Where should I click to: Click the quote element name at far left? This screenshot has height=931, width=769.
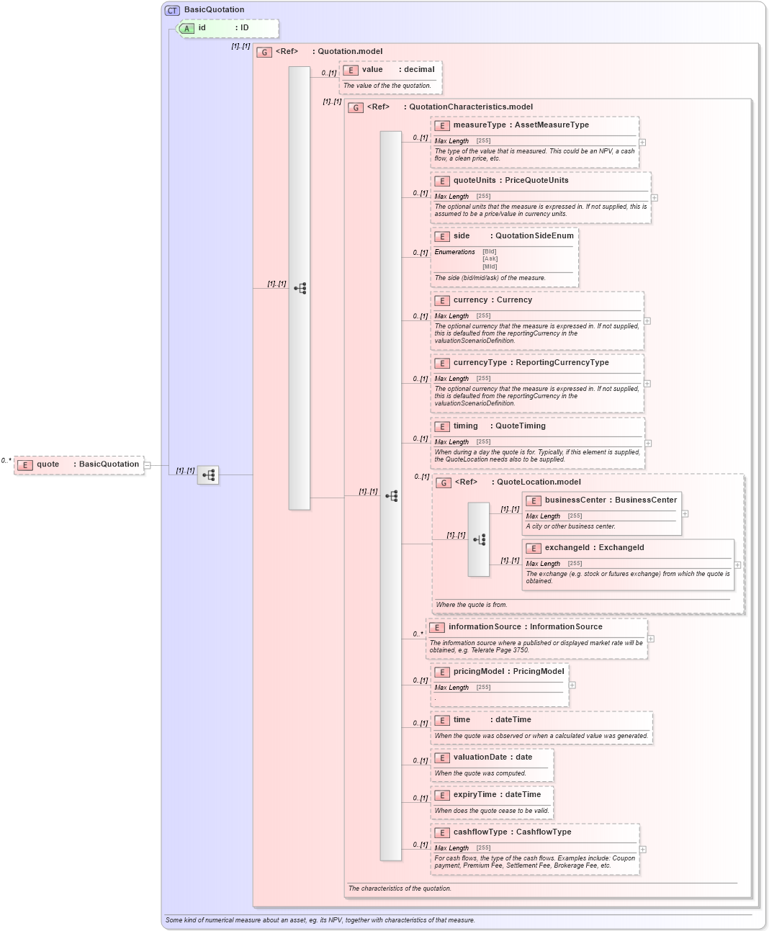tap(48, 464)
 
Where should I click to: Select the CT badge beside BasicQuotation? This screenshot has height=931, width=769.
tap(172, 10)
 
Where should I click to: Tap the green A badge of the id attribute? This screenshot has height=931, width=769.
tap(186, 28)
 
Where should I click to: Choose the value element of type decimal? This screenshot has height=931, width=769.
tap(372, 70)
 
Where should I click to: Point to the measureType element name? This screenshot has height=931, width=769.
tap(480, 125)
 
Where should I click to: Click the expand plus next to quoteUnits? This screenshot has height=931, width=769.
tap(654, 198)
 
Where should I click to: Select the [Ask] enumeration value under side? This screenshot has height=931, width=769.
tap(490, 259)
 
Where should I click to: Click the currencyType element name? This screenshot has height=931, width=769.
tap(480, 363)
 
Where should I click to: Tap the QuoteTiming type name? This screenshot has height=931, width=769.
tap(520, 426)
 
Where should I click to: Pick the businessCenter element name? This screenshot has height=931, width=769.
tap(575, 500)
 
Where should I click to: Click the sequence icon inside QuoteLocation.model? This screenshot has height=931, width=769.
tap(479, 539)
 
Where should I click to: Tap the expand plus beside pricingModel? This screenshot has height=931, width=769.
tap(572, 685)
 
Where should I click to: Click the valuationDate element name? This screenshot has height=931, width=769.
tap(480, 757)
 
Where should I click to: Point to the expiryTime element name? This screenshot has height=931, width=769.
tap(475, 795)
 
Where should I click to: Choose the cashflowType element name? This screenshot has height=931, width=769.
tap(480, 832)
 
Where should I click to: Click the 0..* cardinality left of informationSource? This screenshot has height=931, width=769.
tap(418, 634)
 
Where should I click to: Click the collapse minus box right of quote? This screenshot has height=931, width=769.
tap(148, 465)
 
